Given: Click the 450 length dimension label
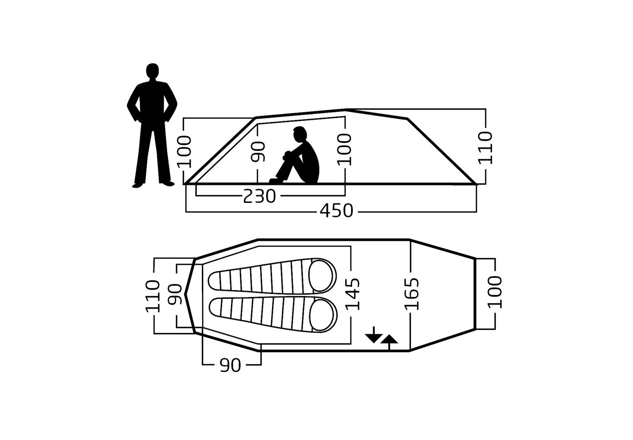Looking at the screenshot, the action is pos(336,211).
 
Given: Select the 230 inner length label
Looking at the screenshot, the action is pos(259,196).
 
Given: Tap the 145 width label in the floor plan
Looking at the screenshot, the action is pos(353,294).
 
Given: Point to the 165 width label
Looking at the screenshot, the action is pos(411,294).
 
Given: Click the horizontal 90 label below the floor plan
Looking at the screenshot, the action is pos(230,365).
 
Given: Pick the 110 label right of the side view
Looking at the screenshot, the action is pos(485,148).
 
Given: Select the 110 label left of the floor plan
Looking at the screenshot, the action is pos(152,296).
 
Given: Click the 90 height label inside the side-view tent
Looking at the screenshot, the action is pos(258,152).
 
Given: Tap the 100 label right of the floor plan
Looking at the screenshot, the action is pos(494,292).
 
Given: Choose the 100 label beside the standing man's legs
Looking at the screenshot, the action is pos(184,152).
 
